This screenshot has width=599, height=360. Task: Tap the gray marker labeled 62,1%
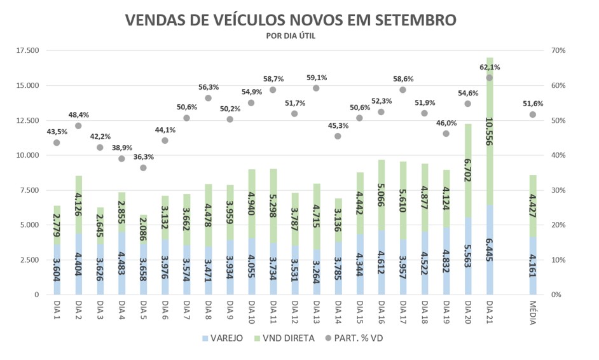490,78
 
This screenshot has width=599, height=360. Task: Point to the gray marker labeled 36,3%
143,168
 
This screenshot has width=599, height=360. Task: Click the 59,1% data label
316,78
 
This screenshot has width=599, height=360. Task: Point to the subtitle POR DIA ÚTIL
291,36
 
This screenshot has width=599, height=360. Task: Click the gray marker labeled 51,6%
533,114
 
